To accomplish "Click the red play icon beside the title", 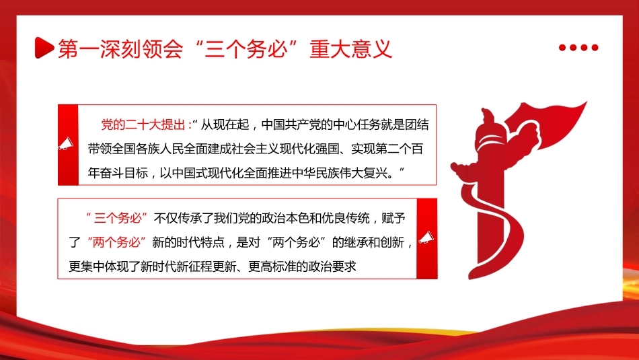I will pos(42,48).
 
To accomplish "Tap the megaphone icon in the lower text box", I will pos(426,238).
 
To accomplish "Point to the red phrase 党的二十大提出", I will pos(145,125).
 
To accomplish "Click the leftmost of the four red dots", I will pos(562,48).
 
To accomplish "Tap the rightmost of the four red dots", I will pos(595,48).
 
